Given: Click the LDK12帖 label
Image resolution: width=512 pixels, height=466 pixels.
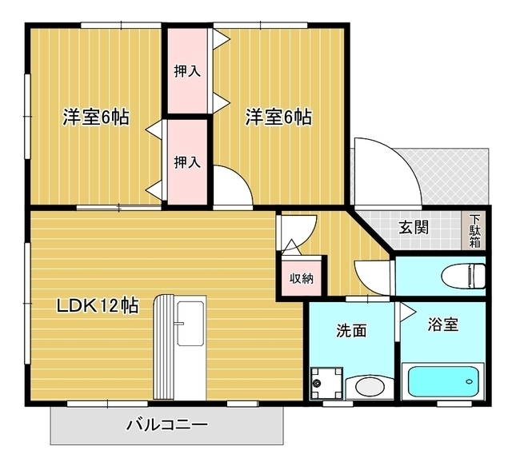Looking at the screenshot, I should tap(97, 305).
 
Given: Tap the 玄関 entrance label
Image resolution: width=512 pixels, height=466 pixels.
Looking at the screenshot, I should tap(414, 227).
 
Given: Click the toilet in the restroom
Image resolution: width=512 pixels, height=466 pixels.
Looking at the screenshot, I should tap(465, 274).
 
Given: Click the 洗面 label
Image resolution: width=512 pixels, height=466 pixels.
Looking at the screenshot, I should tap(351, 329).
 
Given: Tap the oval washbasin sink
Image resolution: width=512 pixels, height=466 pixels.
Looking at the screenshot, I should tap(369, 388).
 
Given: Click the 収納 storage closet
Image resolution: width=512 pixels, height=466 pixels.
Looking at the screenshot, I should tap(302, 278).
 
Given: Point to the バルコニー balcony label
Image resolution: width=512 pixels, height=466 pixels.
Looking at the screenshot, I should tap(167, 424).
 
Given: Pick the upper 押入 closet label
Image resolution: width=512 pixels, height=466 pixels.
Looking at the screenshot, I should tap(187, 70).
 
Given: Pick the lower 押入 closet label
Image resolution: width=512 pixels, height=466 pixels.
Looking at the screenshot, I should tap(187, 162).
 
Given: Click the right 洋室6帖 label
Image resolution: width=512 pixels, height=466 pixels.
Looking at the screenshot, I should tap(278, 117).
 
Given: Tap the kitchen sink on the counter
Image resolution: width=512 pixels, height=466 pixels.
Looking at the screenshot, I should tap(190, 325).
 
